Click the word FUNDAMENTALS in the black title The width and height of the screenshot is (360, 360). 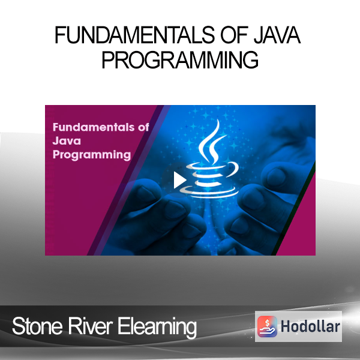(135, 35)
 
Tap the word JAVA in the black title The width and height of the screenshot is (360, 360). (277, 35)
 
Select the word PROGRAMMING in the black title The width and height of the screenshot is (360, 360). (180, 59)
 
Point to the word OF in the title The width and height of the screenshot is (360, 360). (234, 35)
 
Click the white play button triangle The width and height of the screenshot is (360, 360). (179, 180)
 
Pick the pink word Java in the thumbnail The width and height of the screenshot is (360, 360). (67, 141)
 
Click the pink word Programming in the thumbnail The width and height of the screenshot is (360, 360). (92, 155)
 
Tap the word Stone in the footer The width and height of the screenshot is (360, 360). (37, 326)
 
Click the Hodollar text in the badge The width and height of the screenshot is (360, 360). (310, 326)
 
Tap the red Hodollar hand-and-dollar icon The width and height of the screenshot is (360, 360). (267, 326)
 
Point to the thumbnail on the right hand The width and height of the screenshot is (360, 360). (271, 202)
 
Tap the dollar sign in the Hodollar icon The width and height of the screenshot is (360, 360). (267, 323)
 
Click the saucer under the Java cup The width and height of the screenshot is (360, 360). (209, 192)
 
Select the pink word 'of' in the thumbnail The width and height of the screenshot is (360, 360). (143, 127)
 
